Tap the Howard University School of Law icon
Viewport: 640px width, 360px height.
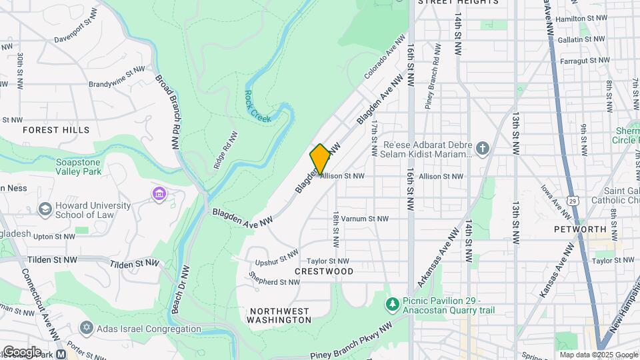click(x=45, y=209)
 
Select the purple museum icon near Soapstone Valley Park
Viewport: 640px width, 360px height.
click(x=159, y=194)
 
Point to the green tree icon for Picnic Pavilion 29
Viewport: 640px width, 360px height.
click(x=393, y=305)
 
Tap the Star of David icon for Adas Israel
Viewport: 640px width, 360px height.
click(x=86, y=328)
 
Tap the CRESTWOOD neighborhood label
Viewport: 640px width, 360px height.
click(x=324, y=272)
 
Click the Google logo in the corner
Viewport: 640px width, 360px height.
click(x=22, y=351)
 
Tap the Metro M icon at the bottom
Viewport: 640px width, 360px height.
click(x=61, y=355)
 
